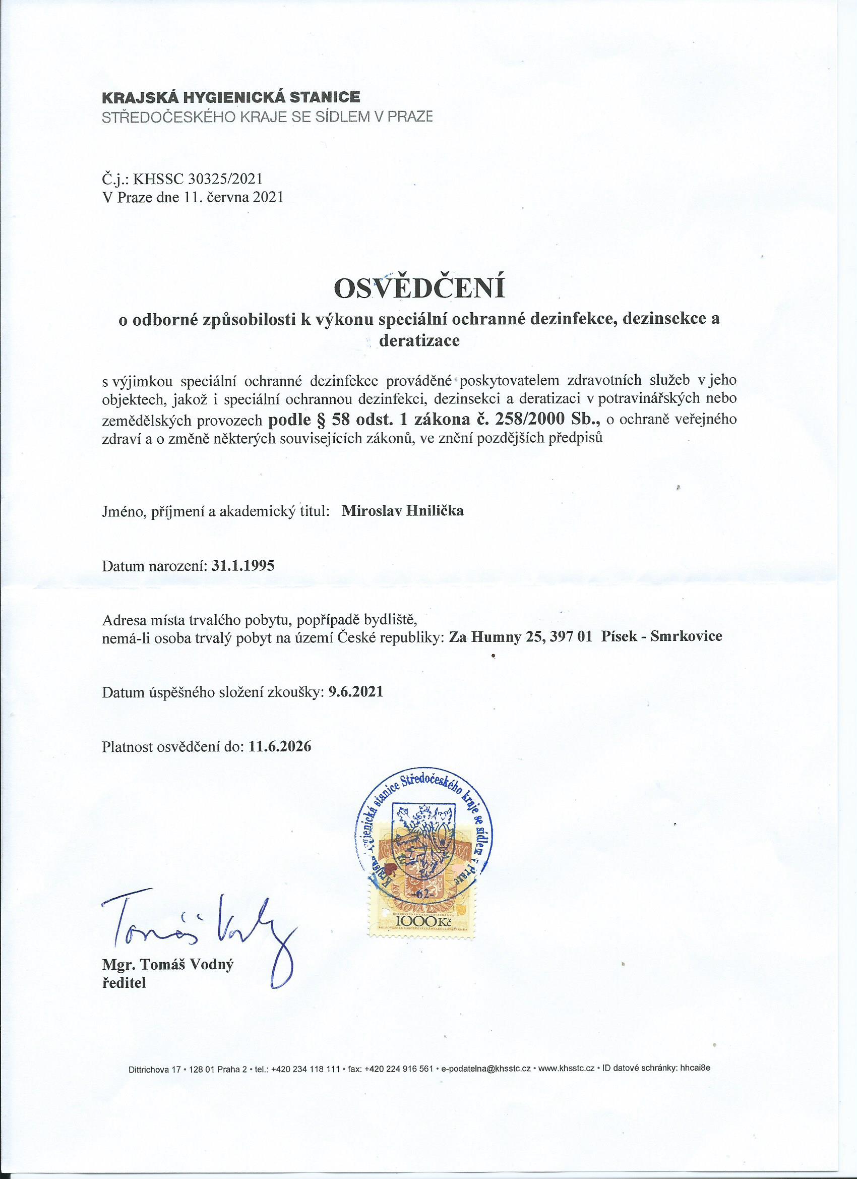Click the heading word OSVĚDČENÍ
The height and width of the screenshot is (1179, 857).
420,288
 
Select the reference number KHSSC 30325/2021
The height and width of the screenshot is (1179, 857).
198,179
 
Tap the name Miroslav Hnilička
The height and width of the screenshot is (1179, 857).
403,510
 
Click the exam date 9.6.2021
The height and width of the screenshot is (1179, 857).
356,692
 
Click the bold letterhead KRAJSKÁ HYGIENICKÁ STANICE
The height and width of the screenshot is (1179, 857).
231,97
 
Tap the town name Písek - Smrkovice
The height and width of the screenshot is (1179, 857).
661,636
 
